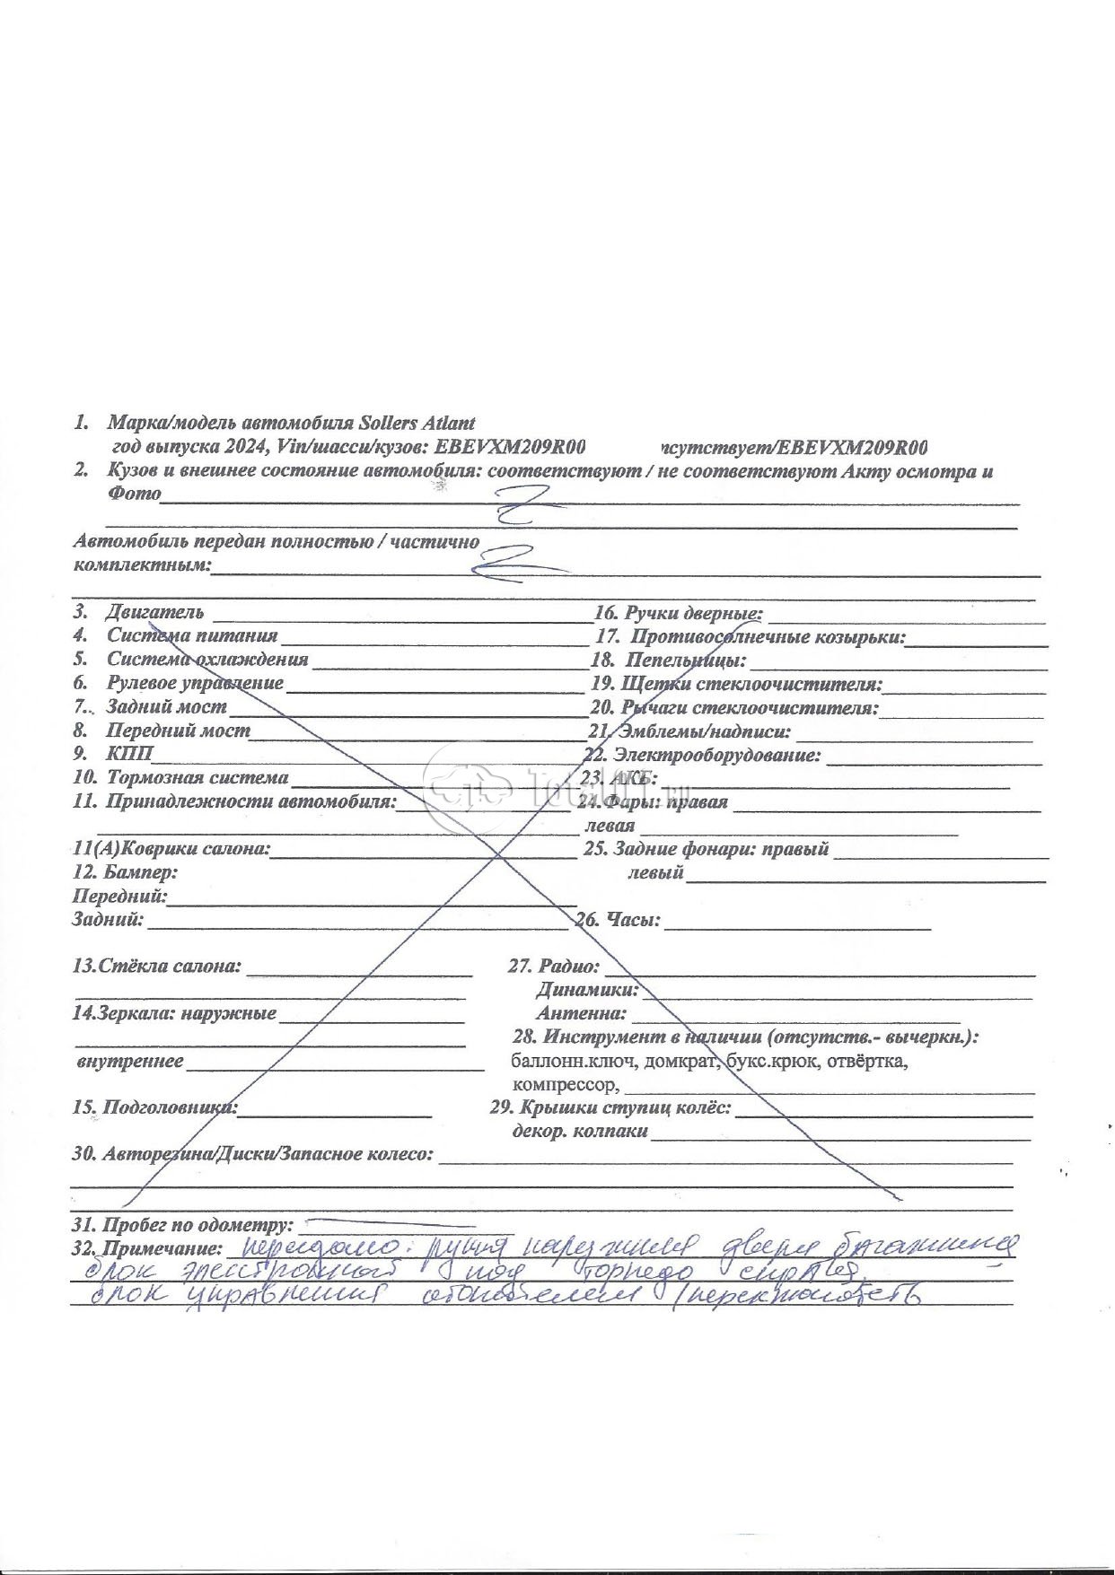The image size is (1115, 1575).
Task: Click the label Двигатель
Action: point(154,612)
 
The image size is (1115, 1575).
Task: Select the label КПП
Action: point(130,753)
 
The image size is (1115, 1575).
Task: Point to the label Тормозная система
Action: point(198,777)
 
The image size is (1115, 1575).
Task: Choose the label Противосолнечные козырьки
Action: point(767,636)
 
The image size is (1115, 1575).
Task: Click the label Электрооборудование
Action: point(716,755)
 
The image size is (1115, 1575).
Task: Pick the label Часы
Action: point(633,919)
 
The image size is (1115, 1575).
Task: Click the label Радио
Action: point(567,967)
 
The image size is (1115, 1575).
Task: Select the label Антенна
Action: point(582,1013)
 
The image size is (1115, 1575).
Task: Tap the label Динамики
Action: point(587,990)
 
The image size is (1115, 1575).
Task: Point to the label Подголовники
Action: point(171,1107)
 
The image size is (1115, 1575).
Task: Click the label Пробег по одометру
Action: point(198,1224)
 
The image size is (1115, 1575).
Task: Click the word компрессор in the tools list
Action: point(561,1084)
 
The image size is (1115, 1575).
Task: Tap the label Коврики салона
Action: point(194,848)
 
